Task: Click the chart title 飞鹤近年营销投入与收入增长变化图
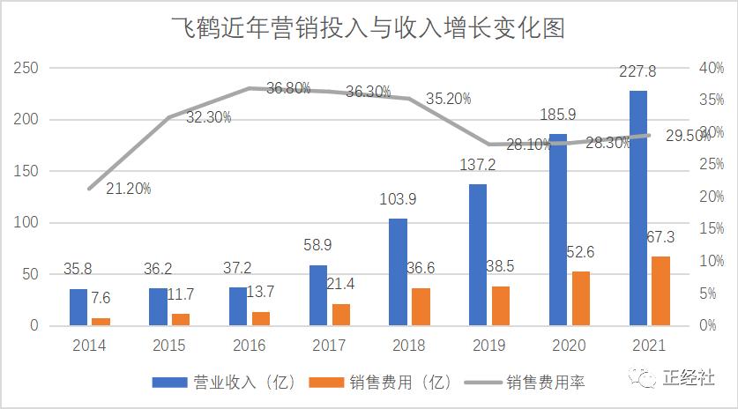point(369,28)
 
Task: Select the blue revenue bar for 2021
point(637,208)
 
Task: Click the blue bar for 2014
point(78,307)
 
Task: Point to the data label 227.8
point(638,73)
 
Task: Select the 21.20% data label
point(129,188)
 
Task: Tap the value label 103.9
point(398,200)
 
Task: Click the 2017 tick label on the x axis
point(329,346)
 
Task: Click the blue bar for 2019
point(477,255)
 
